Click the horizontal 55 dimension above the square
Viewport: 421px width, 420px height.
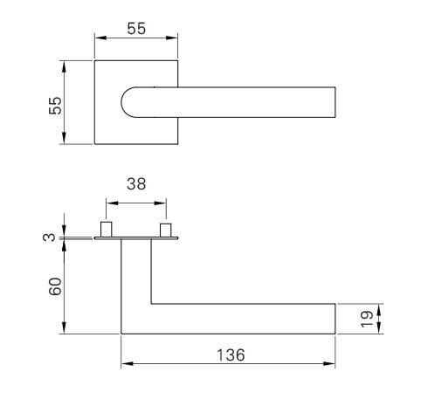point(135,28)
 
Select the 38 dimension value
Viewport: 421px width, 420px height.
point(135,184)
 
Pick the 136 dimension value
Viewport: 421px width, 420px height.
point(229,355)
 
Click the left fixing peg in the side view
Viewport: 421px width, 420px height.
point(107,229)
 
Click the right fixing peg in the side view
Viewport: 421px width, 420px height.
point(164,229)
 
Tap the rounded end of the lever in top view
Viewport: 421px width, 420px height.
point(123,103)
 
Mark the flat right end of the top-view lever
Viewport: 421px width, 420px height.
point(334,102)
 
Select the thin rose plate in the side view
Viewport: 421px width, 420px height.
point(135,238)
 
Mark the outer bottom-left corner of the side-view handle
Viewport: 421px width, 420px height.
point(121,332)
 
